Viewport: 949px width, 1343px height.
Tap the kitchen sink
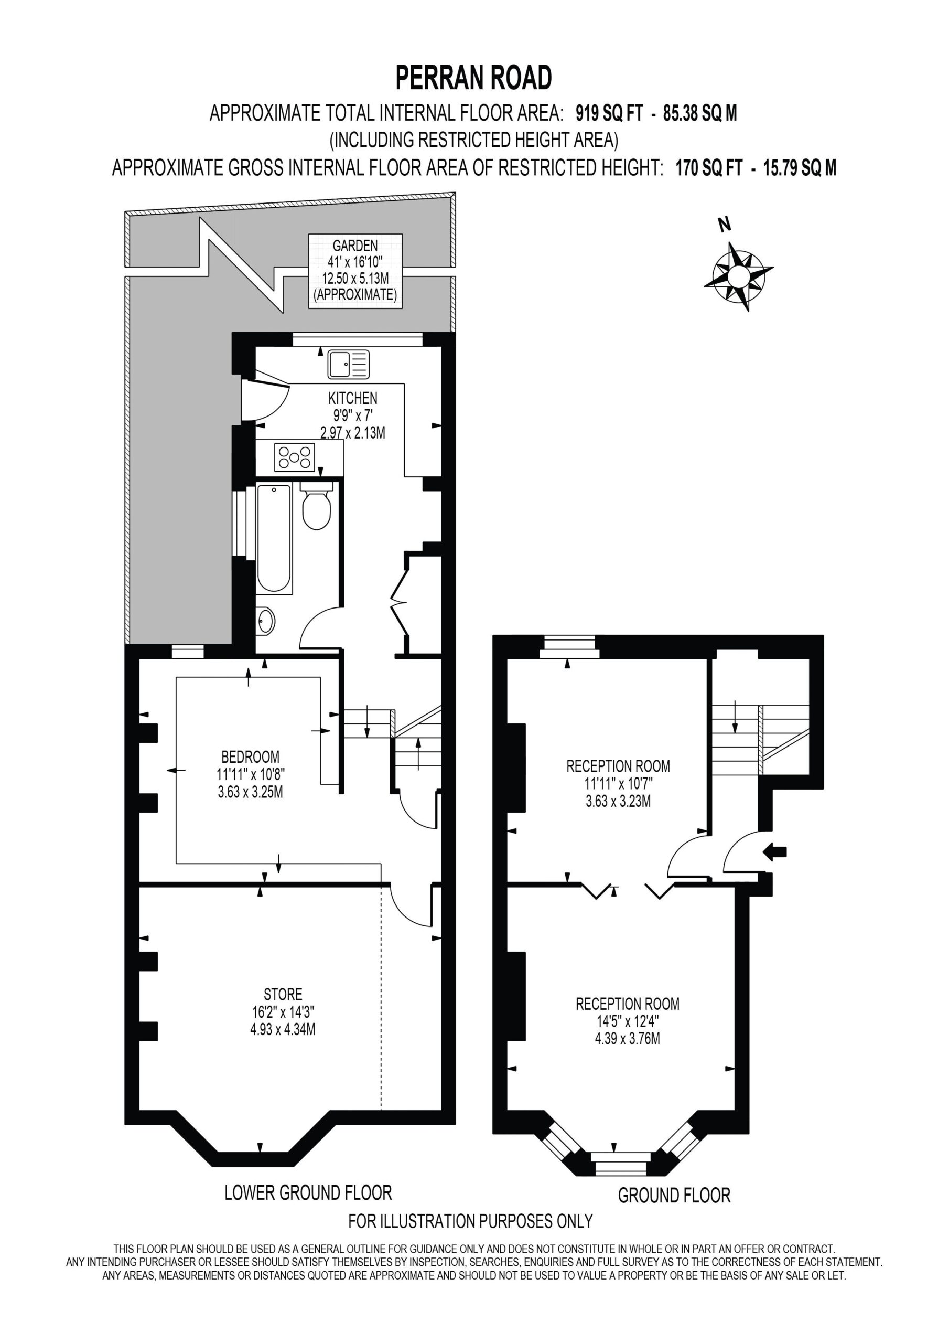click(x=349, y=364)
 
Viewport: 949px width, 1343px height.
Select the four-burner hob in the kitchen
click(x=294, y=457)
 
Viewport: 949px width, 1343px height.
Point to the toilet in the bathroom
click(x=316, y=505)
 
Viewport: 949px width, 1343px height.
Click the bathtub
click(x=274, y=539)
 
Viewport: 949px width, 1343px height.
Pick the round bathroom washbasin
click(x=265, y=621)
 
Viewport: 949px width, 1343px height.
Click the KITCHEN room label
click(x=352, y=398)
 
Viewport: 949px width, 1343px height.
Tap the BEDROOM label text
click(x=250, y=757)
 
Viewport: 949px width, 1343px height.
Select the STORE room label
click(x=283, y=994)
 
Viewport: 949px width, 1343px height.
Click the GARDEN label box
click(x=355, y=271)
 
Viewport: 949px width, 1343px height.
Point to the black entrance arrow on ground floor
click(x=775, y=853)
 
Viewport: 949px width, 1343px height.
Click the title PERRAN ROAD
click(x=473, y=78)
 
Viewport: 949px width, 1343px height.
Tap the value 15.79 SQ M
click(x=800, y=168)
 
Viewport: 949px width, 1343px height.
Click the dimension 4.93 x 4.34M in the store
click(x=283, y=1029)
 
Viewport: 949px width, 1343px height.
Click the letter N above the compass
click(x=725, y=224)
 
